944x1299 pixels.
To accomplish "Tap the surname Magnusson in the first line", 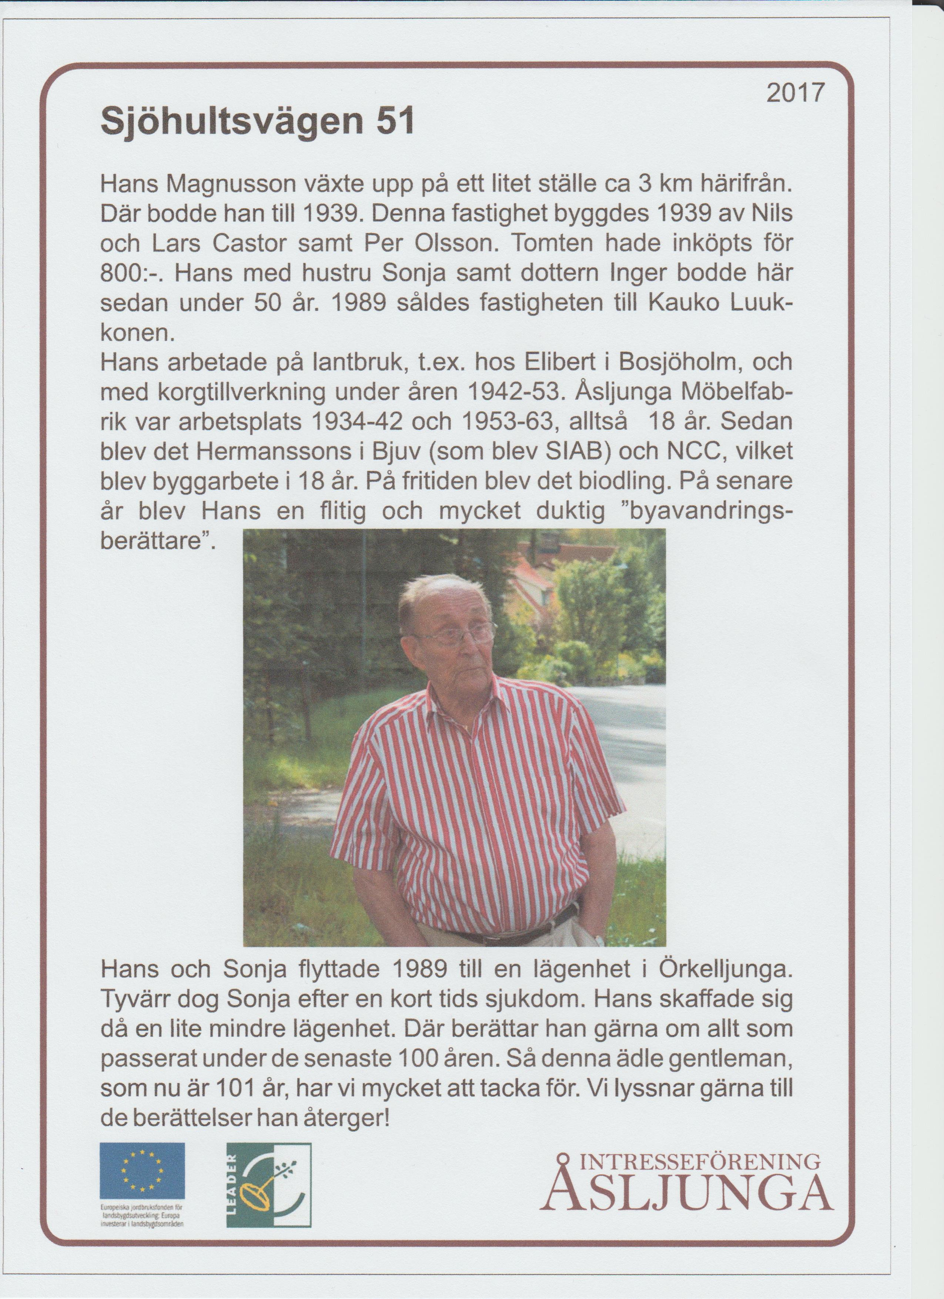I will click(x=232, y=184).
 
